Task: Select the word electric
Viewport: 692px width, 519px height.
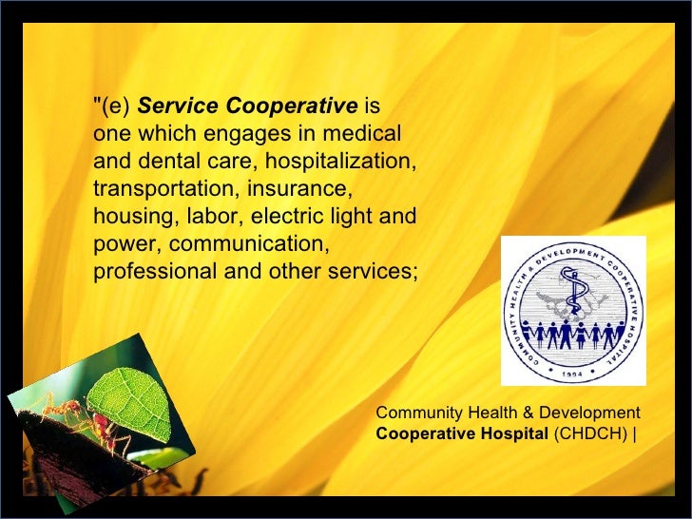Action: [285, 216]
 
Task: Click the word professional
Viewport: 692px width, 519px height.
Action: [154, 271]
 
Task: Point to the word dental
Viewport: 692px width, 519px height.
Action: [163, 161]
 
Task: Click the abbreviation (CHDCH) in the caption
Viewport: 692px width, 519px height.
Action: [590, 434]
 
